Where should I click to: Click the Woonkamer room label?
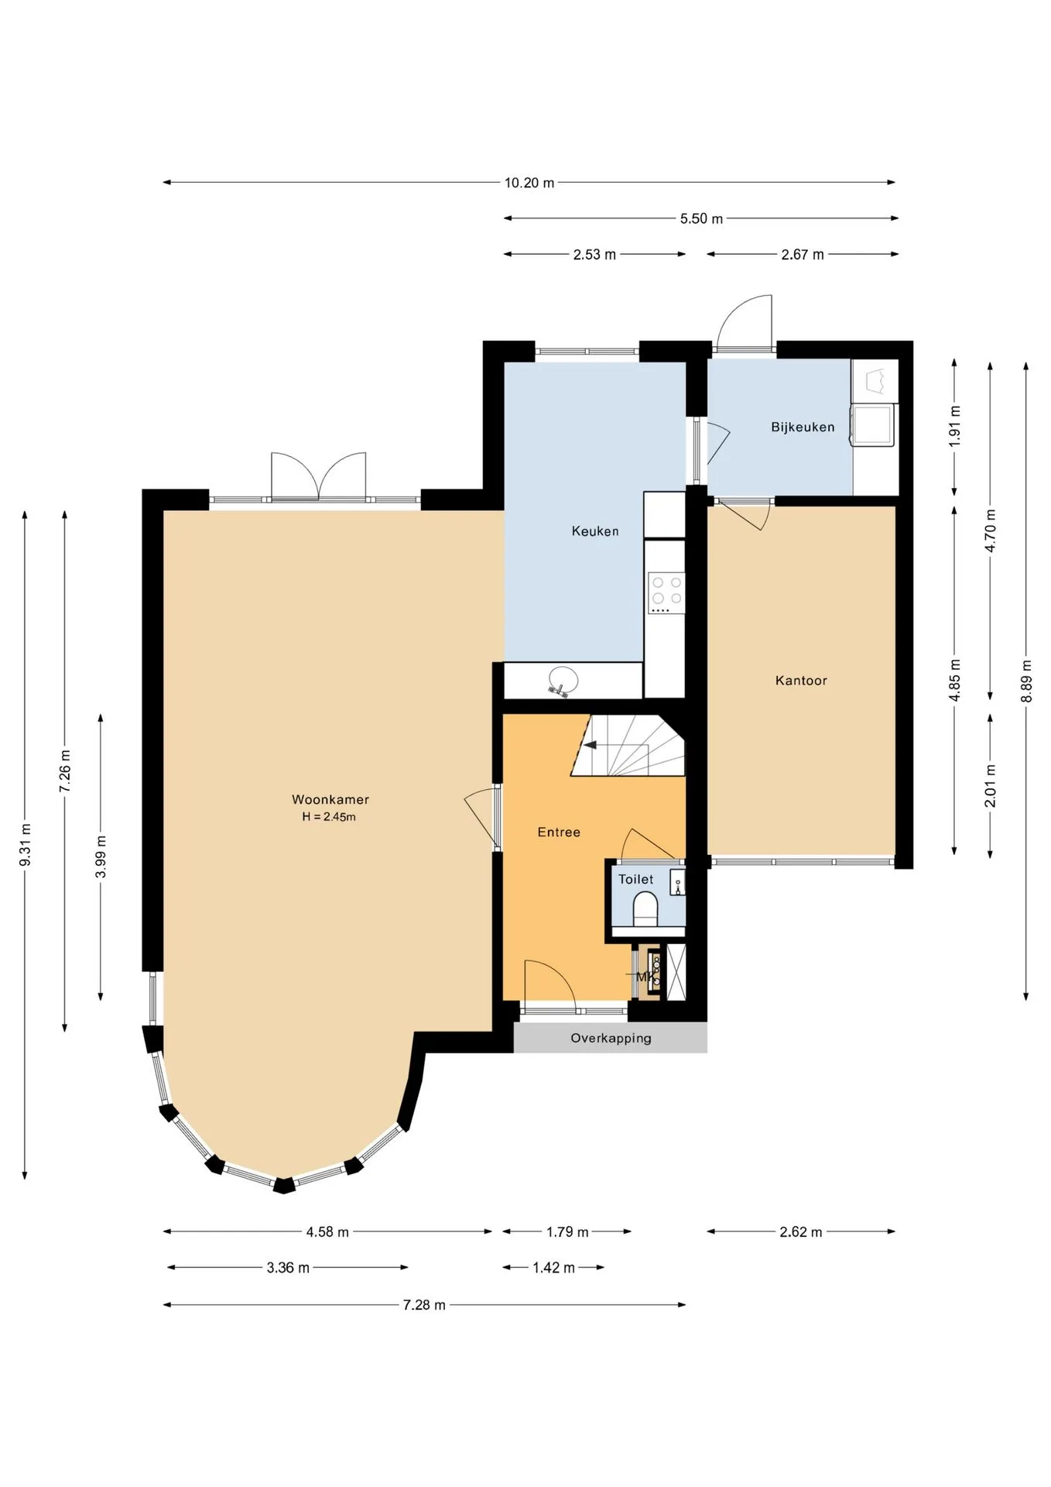[330, 799]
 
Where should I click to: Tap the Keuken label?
[595, 531]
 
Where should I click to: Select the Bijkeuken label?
[803, 427]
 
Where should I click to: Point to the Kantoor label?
[801, 681]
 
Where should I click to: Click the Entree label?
[559, 832]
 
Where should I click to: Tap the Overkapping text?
[611, 1038]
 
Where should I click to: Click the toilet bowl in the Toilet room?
[645, 908]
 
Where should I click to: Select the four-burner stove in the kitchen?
[666, 593]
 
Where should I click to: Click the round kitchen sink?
[563, 679]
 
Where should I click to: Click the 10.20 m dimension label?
[529, 183]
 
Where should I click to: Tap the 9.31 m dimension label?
[26, 845]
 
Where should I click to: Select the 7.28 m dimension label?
[424, 1305]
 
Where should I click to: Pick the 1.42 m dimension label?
[553, 1268]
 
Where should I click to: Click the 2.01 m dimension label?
[991, 785]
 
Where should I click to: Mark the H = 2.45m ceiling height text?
[329, 816]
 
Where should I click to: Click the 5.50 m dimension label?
[701, 218]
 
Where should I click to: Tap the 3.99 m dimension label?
[101, 857]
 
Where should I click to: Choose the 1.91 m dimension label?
[955, 425]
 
